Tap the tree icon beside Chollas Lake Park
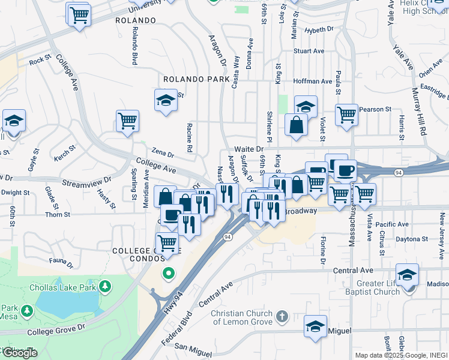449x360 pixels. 106,286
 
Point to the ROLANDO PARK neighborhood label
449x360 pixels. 196,79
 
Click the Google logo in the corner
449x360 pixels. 19,353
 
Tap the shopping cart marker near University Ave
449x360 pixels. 79,14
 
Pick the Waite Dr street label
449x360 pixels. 249,149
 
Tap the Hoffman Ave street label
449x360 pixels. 313,82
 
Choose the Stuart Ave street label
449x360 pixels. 309,52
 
